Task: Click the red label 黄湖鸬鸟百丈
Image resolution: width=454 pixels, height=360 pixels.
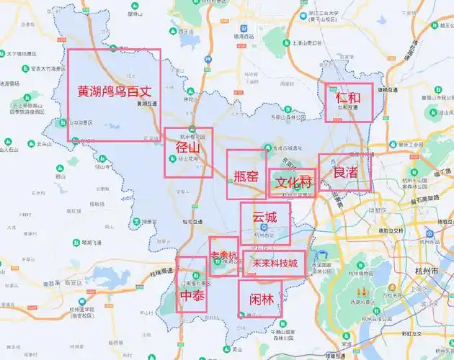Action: [x=114, y=91]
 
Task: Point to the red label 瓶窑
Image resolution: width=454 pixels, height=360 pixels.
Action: [x=246, y=175]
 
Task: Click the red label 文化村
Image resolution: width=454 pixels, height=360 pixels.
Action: [x=293, y=182]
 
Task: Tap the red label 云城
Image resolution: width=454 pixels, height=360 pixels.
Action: [x=264, y=215]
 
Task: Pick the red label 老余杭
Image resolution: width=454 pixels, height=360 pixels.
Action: [x=223, y=256]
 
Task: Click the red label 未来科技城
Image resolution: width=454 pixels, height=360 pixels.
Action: [x=274, y=264]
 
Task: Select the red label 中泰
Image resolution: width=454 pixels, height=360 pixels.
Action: [x=192, y=296]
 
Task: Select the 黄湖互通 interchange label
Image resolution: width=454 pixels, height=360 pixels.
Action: [x=146, y=103]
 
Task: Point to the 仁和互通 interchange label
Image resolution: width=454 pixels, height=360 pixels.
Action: [x=347, y=109]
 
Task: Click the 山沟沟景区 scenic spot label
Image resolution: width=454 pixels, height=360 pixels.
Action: [x=80, y=122]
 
